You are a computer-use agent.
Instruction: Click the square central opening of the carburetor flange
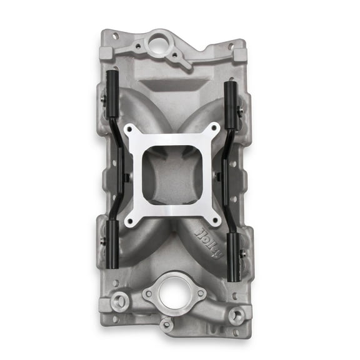[x=172, y=173]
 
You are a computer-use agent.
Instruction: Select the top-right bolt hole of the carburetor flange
[x=214, y=128]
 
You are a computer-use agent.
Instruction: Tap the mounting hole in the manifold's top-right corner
[x=231, y=46]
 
